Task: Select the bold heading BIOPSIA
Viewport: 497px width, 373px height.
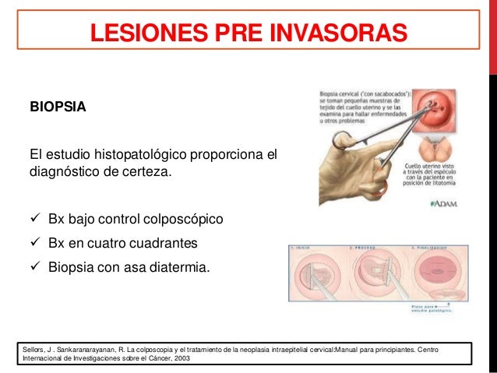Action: tap(53, 106)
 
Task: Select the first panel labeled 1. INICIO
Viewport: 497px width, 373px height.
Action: tap(318, 272)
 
